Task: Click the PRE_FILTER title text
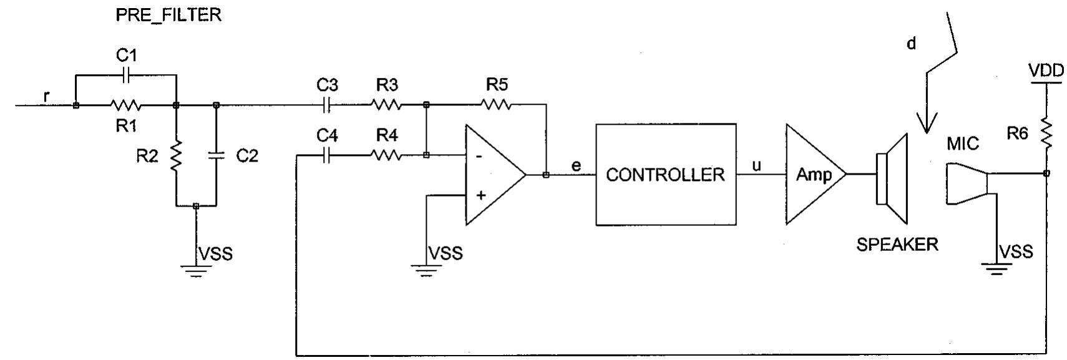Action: click(x=168, y=15)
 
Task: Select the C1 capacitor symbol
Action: click(x=126, y=75)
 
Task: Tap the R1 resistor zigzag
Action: click(x=126, y=105)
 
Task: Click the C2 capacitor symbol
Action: click(x=216, y=155)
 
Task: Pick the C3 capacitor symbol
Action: click(x=326, y=105)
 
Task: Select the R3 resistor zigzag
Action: click(x=387, y=105)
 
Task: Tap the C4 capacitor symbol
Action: click(x=326, y=155)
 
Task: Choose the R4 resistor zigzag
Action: click(x=387, y=155)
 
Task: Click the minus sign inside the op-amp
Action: click(x=479, y=156)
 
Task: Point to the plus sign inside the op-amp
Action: click(x=481, y=195)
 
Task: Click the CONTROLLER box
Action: click(x=665, y=174)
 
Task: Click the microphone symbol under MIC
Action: click(x=967, y=184)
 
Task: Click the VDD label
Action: click(x=1046, y=71)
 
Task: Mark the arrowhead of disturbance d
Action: click(x=927, y=124)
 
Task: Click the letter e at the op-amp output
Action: click(x=577, y=166)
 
